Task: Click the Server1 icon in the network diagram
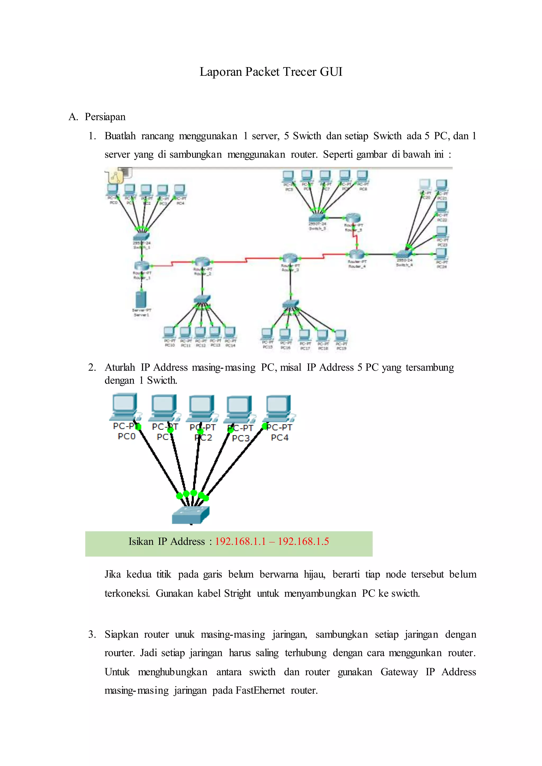click(141, 300)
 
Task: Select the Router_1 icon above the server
click(142, 266)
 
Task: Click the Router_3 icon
click(290, 258)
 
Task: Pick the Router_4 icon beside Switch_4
click(357, 254)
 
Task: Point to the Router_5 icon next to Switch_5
click(353, 218)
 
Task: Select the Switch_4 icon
click(404, 254)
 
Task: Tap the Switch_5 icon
click(317, 217)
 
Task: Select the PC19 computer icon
click(340, 335)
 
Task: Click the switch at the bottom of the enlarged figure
click(191, 515)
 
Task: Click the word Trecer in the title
click(299, 72)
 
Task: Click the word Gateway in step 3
click(399, 672)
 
